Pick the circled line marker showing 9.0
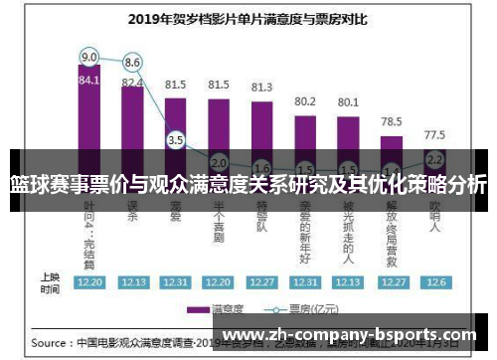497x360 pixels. click(89, 56)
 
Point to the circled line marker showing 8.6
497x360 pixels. click(132, 62)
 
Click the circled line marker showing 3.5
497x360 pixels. click(176, 140)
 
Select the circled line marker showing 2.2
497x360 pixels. click(433, 159)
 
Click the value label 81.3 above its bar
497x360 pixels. click(261, 88)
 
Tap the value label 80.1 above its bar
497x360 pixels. click(348, 101)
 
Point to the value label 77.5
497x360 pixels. click(433, 134)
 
